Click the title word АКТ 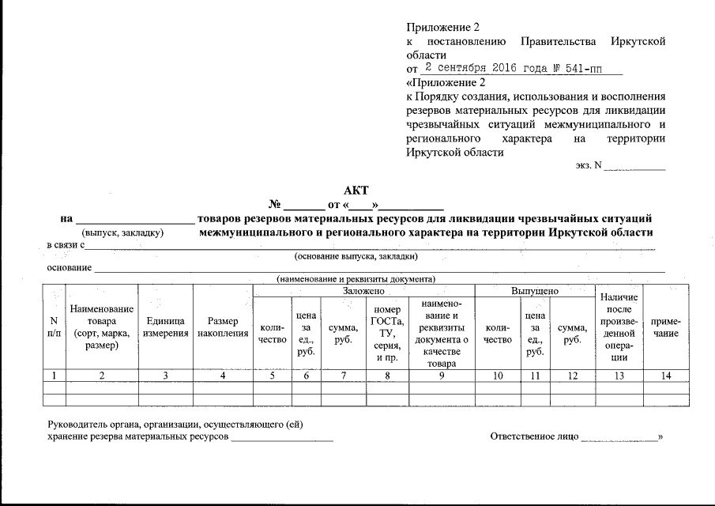(x=356, y=190)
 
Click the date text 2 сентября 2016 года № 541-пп (x=514, y=68)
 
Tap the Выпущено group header (x=535, y=291)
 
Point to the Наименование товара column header (x=102, y=327)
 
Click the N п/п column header (x=54, y=327)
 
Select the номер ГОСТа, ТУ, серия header (x=387, y=333)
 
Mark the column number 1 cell (x=54, y=376)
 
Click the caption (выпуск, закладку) (x=122, y=233)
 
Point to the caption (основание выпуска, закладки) (x=356, y=257)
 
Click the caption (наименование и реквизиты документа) (x=356, y=279)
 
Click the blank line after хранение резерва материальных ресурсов (x=282, y=436)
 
